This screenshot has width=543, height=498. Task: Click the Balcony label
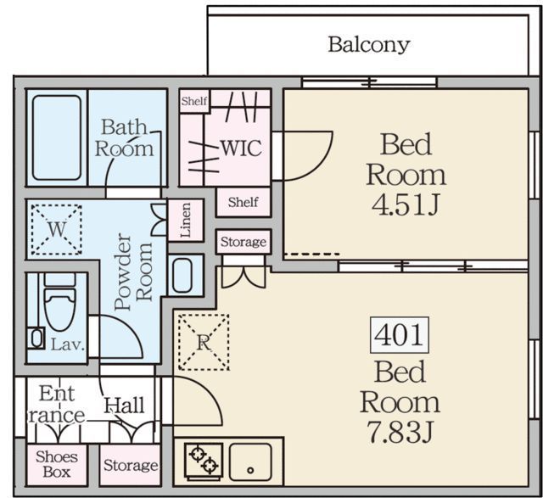pos(369,45)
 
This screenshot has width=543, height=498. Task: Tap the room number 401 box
pos(400,335)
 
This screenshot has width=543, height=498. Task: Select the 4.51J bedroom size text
pos(406,204)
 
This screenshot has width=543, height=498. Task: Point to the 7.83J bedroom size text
pos(400,432)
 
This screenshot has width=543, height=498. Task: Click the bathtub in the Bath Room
pos(57,137)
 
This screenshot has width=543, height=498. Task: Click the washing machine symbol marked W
pos(57,230)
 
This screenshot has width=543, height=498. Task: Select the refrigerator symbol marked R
pos(204,342)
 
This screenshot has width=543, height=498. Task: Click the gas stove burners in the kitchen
pos(204,461)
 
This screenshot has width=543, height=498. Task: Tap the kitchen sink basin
pos(250,462)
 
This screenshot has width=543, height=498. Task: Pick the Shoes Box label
pos(57,464)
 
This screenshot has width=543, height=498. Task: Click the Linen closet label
pos(186,221)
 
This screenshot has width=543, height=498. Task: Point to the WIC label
pos(241,148)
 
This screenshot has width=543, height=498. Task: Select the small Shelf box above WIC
pos(194,101)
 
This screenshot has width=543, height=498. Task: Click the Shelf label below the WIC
pos(244,202)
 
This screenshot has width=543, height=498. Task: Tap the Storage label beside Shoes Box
pos(131,466)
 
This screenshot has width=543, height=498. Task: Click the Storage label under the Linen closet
pos(244,242)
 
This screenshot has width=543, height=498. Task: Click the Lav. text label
pos(68,344)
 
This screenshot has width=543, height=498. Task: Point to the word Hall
pos(125,406)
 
